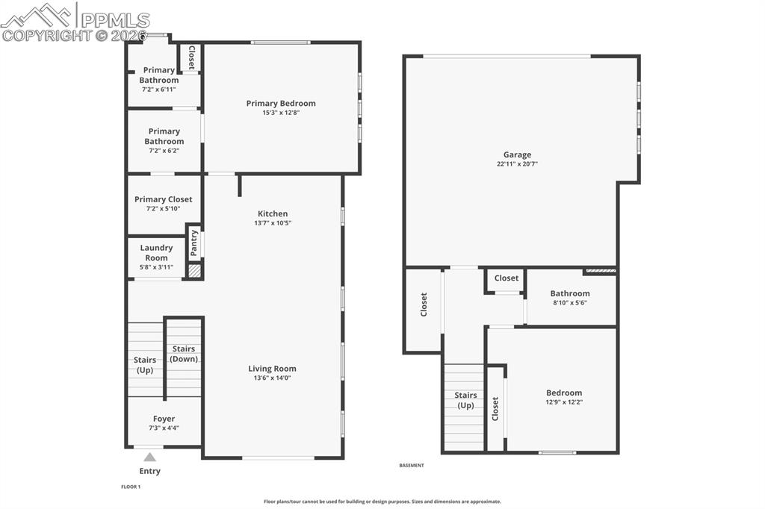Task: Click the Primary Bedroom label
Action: tap(281, 103)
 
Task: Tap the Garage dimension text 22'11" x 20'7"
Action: tap(517, 164)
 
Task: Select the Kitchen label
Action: tap(273, 213)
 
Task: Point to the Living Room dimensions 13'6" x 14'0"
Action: tap(272, 378)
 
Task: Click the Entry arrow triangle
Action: tap(149, 457)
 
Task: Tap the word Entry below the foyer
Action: tap(149, 471)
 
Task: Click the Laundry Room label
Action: tap(156, 252)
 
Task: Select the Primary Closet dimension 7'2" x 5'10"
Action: tap(163, 208)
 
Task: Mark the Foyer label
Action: tap(164, 419)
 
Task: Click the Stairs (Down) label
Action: tap(184, 354)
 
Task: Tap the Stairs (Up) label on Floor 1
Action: tap(145, 365)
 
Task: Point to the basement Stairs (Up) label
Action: tap(465, 400)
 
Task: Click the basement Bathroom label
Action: tap(570, 293)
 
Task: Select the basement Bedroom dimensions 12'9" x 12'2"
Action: tap(564, 402)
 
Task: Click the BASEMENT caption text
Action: tap(412, 465)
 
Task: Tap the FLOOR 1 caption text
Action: tap(131, 487)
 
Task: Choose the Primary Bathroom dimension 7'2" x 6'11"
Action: tap(159, 90)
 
